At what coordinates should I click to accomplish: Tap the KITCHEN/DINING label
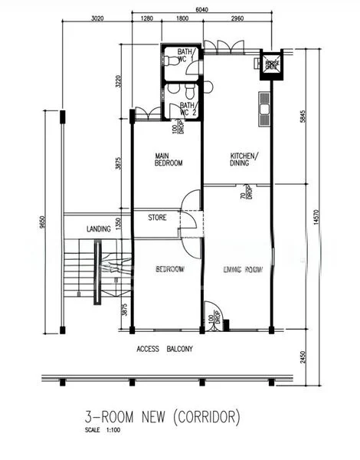tap(245, 159)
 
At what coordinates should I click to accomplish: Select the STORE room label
tap(157, 218)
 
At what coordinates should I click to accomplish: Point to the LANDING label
tap(98, 228)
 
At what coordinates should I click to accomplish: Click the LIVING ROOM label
tap(244, 269)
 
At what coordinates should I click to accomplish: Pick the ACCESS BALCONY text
tap(165, 349)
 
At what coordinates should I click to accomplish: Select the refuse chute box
tap(270, 64)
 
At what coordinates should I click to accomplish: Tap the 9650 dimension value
tap(44, 228)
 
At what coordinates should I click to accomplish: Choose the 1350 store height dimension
tap(118, 223)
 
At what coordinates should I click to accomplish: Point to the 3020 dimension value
tap(97, 19)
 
